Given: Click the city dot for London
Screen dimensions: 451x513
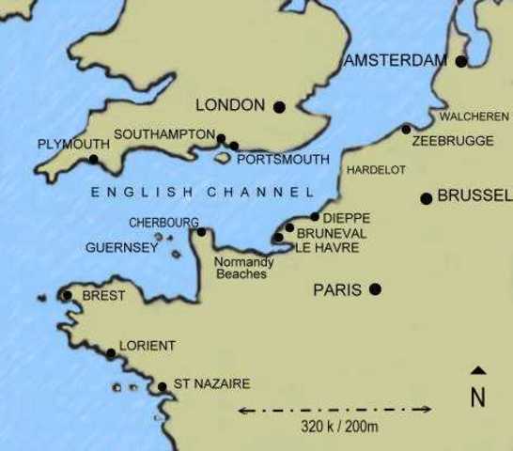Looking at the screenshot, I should [279, 106].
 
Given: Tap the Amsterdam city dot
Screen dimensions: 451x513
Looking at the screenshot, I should [460, 61].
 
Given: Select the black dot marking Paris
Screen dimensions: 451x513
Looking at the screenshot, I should [375, 289].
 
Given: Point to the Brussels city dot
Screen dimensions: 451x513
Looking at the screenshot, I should [426, 198].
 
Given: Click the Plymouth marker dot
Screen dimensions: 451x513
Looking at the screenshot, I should [93, 160].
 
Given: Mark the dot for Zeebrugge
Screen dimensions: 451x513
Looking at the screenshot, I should [406, 129].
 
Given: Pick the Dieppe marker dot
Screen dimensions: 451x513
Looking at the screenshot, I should [315, 217].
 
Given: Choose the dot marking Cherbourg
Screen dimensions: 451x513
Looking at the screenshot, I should [201, 231].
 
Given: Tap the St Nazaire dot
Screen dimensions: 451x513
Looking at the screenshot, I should [162, 386].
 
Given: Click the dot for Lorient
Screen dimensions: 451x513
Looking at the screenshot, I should [111, 353].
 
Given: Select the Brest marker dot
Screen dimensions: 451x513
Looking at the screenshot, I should [67, 296].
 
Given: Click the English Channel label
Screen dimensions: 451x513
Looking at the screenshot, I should [202, 193].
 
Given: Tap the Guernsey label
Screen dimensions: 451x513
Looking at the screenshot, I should [121, 249].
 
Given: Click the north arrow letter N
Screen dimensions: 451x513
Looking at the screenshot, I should [477, 398].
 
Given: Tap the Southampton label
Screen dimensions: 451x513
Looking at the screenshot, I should [164, 134].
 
